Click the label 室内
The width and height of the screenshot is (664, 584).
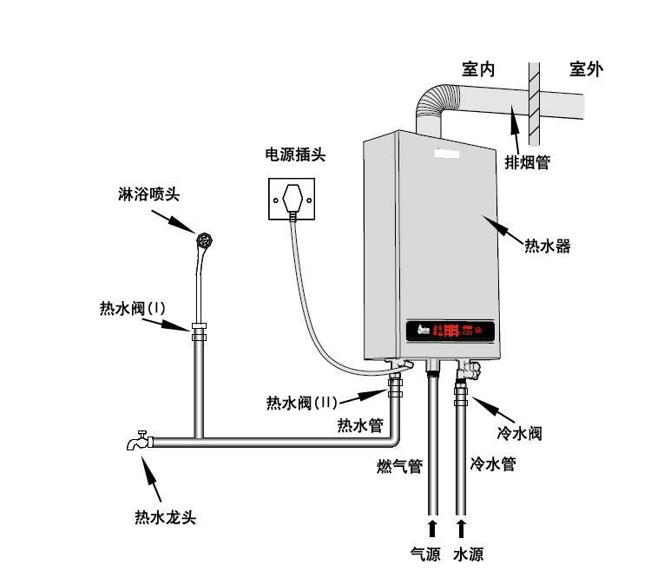477,70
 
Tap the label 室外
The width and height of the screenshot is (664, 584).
586,69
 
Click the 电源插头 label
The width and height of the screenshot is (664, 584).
295,155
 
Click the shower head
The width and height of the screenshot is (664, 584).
205,240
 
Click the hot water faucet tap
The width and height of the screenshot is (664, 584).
140,442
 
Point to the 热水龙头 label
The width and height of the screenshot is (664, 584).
165,518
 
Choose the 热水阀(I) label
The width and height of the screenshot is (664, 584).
132,308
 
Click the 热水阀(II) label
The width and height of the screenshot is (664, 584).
301,403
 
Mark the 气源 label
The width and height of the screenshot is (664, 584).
425,554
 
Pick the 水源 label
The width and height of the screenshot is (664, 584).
468,554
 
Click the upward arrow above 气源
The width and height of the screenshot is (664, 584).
431,528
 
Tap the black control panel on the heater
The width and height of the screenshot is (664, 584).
450,331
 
